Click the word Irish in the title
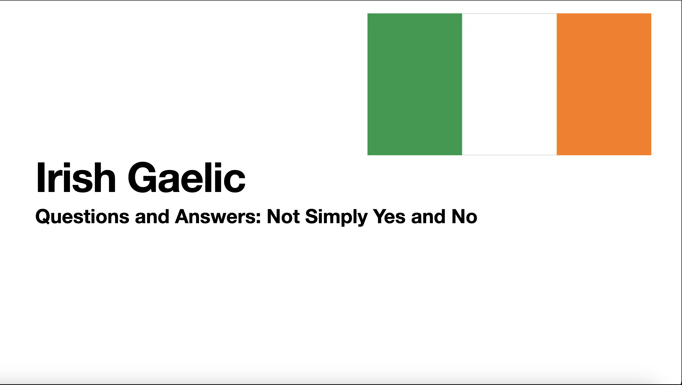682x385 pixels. tap(76, 177)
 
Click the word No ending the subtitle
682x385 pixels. tap(464, 216)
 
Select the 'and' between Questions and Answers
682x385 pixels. tap(152, 216)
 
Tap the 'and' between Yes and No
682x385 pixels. tap(428, 216)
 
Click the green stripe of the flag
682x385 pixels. tap(415, 84)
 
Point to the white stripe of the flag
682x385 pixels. tap(509, 84)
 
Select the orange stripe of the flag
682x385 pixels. tap(604, 84)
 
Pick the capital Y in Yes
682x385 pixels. tap(380, 216)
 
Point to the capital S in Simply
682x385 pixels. tap(312, 216)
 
